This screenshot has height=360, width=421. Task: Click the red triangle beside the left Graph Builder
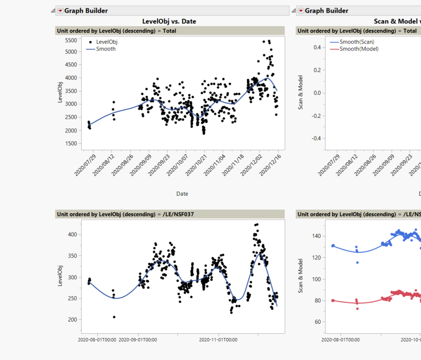[60, 11]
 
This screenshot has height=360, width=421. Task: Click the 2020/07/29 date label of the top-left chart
[87, 166]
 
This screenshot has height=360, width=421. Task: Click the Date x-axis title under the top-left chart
[182, 194]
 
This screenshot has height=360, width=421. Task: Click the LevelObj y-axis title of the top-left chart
[60, 92]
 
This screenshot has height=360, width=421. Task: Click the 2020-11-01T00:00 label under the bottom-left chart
[218, 340]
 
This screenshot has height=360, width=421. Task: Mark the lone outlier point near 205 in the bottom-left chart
[114, 317]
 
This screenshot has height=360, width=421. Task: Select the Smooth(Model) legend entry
[359, 49]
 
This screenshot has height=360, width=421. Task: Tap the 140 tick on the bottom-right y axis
[315, 236]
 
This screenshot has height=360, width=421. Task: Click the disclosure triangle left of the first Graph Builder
[53, 11]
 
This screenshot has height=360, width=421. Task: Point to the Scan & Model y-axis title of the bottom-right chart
[301, 275]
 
